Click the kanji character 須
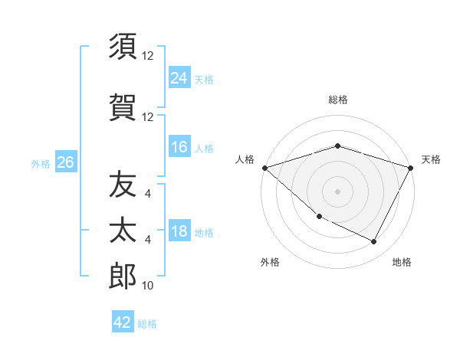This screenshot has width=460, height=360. coord(123,47)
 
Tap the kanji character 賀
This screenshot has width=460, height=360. coord(123,106)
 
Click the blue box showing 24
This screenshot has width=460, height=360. coord(179,77)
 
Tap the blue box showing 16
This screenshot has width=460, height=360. coord(179,147)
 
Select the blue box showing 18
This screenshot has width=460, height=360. coord(179,231)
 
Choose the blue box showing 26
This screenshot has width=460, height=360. coord(65,162)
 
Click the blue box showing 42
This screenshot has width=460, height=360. coord(123,322)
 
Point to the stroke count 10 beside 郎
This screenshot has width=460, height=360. coord(148,286)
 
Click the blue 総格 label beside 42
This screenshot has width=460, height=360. coord(147,324)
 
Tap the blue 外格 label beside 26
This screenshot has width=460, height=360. coord(40,163)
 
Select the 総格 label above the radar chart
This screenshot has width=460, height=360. coord(338,100)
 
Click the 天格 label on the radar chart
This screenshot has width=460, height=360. coord(431,159)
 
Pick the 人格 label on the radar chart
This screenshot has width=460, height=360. coord(245,159)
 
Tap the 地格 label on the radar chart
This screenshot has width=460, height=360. coord(402,262)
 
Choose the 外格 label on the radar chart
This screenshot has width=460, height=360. coord(270,262)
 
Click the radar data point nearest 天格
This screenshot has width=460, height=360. coord(411,168)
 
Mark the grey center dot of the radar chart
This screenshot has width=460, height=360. coord(338,191)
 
